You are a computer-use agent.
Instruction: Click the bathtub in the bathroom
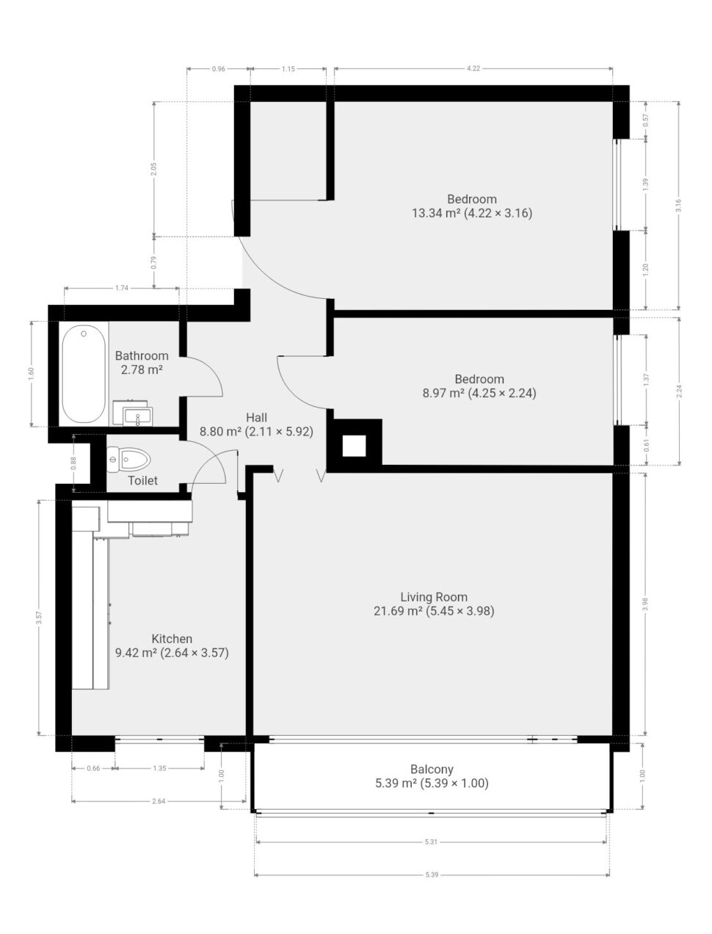(84, 374)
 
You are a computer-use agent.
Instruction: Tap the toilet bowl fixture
(128, 459)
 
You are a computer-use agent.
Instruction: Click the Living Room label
(434, 597)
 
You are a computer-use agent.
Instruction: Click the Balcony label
(432, 769)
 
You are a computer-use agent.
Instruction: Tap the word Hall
(256, 417)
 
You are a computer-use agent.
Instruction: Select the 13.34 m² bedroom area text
(436, 213)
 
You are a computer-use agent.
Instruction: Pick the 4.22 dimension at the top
(473, 68)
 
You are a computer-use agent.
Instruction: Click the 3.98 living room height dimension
(645, 604)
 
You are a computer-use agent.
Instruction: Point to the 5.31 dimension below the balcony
(431, 841)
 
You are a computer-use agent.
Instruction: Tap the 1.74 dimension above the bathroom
(122, 288)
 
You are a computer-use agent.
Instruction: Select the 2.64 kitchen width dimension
(159, 801)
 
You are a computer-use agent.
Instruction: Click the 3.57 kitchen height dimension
(39, 618)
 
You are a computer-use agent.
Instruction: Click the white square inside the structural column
(354, 446)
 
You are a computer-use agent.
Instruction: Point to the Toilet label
(143, 481)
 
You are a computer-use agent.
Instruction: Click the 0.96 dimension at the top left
(218, 68)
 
